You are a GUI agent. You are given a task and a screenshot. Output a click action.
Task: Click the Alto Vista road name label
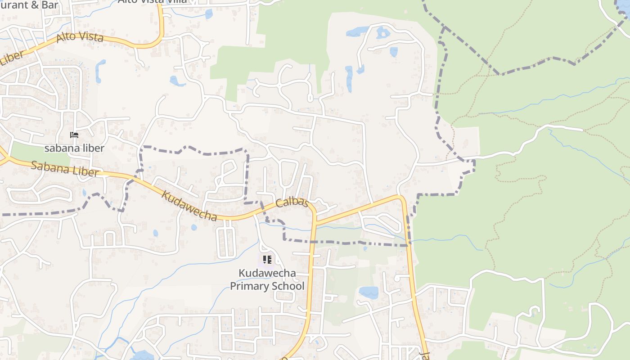[x=81, y=38]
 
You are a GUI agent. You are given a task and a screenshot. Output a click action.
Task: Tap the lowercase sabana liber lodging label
[x=74, y=148]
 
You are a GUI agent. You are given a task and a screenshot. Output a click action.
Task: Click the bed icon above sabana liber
[x=74, y=135]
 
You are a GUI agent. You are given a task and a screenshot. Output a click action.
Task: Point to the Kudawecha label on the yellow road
[x=189, y=206]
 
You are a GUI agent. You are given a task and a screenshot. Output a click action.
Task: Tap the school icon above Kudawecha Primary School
[x=267, y=260]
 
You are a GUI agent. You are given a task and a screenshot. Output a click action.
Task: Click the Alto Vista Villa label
[x=152, y=1]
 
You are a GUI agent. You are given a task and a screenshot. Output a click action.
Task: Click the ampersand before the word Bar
[x=31, y=4]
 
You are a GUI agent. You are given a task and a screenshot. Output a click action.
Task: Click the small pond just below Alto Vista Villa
[x=208, y=14]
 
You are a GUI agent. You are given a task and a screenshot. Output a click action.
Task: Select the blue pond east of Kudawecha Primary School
[x=369, y=292]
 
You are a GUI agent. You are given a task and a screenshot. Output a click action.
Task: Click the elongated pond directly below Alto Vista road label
[x=100, y=71]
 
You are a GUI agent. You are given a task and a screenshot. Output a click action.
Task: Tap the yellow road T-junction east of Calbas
[x=315, y=222]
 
